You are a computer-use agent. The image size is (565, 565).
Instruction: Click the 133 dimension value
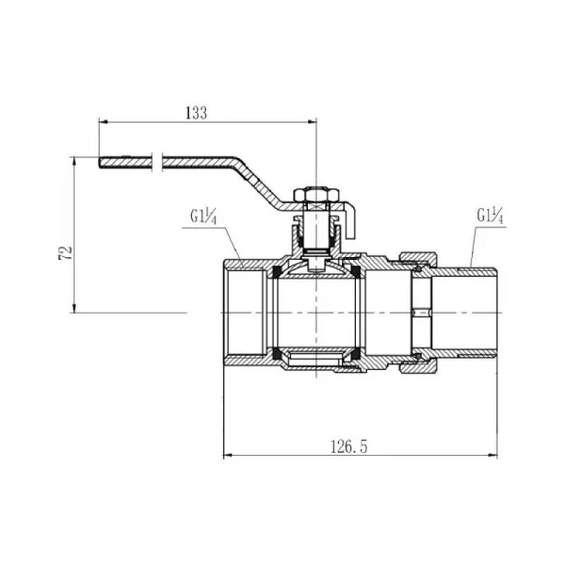click(x=197, y=113)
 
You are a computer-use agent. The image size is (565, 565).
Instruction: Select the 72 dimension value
click(x=66, y=253)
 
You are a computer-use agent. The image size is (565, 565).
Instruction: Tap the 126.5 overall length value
click(x=348, y=446)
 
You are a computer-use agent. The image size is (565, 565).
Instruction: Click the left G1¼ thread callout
click(x=203, y=218)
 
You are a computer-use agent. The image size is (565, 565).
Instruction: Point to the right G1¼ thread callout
click(x=490, y=216)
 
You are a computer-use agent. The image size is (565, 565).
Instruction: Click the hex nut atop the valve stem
click(x=316, y=195)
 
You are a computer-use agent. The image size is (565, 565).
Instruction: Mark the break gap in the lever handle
click(x=157, y=162)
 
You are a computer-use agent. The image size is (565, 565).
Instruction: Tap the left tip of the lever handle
click(x=100, y=162)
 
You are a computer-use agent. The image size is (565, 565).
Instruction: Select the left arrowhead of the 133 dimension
click(x=104, y=121)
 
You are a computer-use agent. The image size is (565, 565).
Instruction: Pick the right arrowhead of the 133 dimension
click(x=312, y=121)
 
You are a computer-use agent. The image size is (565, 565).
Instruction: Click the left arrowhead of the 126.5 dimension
click(x=228, y=456)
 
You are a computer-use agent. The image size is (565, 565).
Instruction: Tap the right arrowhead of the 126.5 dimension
click(x=492, y=456)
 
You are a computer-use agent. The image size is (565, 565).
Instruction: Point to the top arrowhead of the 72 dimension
click(x=74, y=162)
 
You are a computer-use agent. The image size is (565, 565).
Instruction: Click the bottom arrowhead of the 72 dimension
click(x=74, y=308)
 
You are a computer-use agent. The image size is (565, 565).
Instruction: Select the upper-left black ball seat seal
click(x=277, y=272)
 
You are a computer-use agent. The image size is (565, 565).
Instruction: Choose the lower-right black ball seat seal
click(x=356, y=354)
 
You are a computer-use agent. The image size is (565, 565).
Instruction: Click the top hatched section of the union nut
click(x=418, y=258)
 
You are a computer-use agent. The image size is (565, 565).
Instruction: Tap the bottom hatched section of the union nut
click(x=418, y=367)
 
